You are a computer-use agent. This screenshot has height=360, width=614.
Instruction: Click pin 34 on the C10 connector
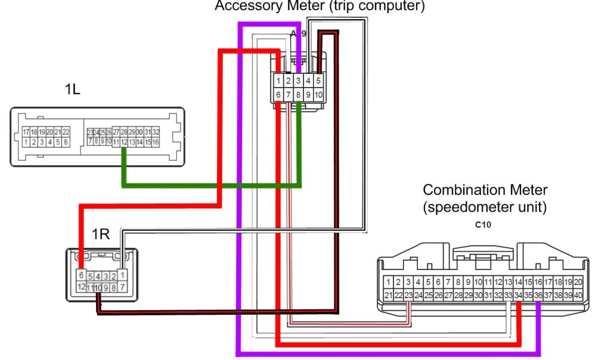coord(518,295)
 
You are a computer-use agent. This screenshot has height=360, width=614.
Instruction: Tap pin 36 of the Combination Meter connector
coord(538,295)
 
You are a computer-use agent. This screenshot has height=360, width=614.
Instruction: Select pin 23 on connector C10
coord(408,295)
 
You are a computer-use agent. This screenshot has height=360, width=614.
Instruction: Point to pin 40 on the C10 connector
coord(578,295)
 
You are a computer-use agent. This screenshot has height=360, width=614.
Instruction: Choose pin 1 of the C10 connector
coord(389,282)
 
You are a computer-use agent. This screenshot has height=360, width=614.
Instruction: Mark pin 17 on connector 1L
coord(26,132)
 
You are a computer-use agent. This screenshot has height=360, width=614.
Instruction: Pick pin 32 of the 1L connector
coord(155,132)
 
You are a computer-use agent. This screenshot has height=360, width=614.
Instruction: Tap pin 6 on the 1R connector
coord(80,275)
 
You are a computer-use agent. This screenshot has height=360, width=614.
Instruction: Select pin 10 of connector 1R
coord(97,288)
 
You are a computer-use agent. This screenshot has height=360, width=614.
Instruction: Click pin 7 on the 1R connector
coord(122,288)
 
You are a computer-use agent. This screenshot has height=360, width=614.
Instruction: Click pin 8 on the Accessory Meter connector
coord(299,95)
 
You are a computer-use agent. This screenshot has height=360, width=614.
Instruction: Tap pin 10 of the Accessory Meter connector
coord(318,95)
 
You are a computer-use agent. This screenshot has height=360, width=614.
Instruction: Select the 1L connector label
coord(73,90)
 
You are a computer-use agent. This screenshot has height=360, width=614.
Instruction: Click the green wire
coord(210,185)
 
